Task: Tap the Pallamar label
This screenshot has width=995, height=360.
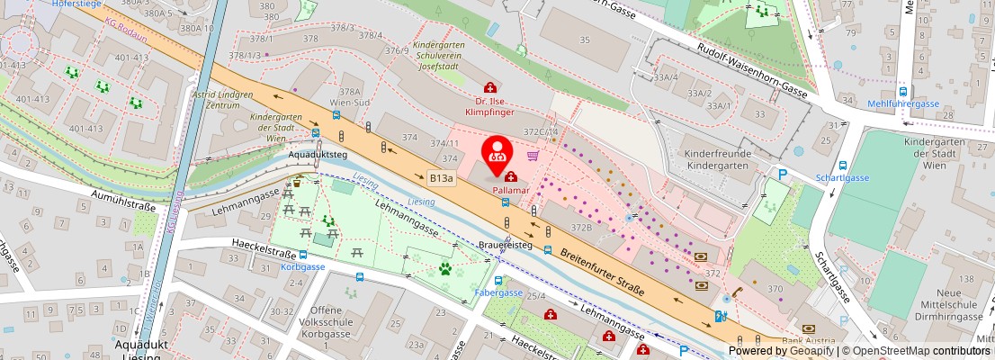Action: (510, 191)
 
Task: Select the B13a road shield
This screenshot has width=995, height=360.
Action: (442, 179)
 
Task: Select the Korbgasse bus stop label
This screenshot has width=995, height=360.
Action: (302, 268)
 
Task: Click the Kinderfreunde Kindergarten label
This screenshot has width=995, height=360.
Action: (717, 159)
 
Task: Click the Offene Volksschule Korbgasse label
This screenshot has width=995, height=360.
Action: (332, 328)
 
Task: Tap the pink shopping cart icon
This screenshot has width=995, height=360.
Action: (533, 156)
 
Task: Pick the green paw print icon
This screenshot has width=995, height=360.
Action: (444, 267)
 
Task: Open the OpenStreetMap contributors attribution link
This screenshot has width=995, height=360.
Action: (921, 351)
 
